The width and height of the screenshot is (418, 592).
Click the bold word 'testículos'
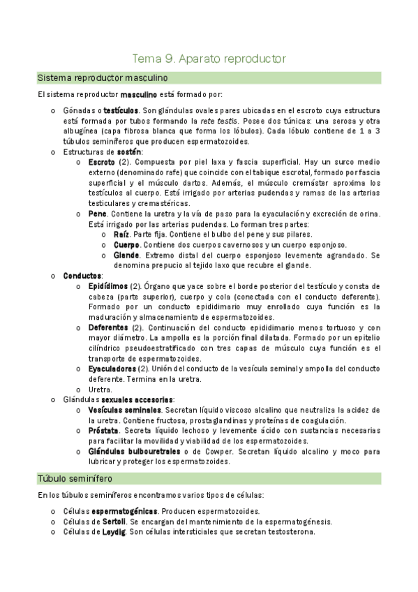[120, 110]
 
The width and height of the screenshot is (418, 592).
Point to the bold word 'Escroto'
[102, 162]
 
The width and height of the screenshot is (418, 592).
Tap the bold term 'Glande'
[126, 256]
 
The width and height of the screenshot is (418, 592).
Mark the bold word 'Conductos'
[82, 276]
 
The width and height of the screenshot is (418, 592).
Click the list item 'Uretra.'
[100, 389]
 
